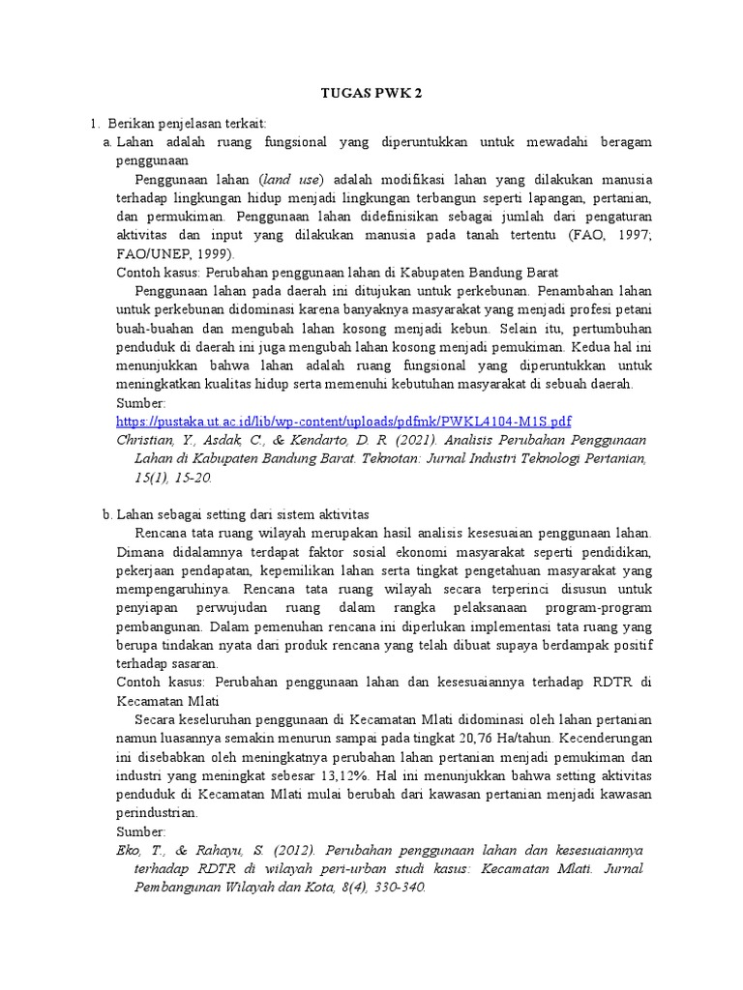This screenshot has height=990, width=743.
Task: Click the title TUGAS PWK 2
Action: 371,94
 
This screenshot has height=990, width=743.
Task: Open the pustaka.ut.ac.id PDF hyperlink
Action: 343,422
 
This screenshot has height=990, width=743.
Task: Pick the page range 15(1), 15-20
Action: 173,478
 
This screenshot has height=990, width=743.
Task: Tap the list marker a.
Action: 107,142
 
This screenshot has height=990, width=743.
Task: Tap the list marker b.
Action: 107,514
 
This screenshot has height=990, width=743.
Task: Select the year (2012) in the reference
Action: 292,849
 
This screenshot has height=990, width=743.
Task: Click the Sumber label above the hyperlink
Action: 141,403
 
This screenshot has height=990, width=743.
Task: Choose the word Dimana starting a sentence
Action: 141,551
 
